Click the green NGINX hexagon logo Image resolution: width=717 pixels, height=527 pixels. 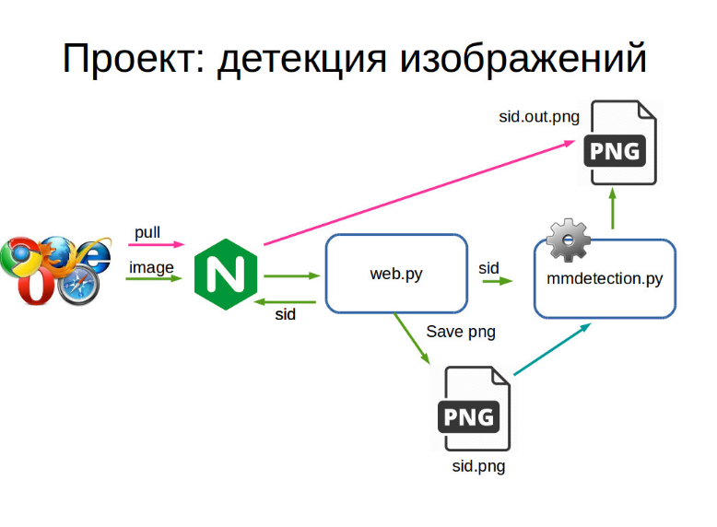225,274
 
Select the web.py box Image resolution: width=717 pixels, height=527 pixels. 396,274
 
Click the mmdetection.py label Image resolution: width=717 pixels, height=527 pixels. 605,278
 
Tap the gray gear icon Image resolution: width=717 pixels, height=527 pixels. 569,241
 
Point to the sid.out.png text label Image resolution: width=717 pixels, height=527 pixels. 539,117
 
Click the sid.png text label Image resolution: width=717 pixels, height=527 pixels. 478,466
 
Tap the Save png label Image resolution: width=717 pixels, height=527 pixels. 461,332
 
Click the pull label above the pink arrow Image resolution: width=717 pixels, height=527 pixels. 147,232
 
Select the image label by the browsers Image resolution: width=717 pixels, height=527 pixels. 151,267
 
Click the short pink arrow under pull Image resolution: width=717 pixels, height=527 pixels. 157,246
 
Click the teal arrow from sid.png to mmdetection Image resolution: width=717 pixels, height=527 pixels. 551,350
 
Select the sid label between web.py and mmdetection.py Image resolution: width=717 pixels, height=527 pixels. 488,268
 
